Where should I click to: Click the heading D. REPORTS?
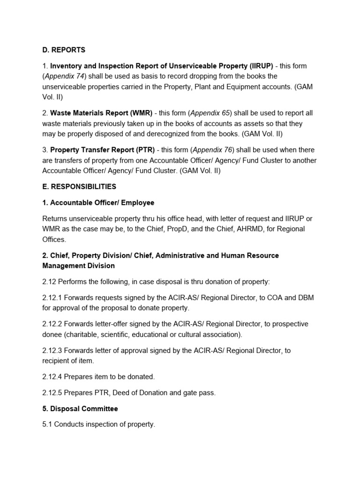[x=64, y=50]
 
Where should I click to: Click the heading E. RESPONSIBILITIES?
[x=79, y=187]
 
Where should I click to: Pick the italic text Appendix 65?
[x=211, y=113]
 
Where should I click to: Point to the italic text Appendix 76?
[x=212, y=150]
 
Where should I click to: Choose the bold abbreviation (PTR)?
[x=143, y=150]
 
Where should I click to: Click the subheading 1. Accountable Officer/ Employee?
[x=98, y=202]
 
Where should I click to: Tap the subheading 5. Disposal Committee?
[x=80, y=409]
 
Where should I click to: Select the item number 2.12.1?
[x=52, y=298]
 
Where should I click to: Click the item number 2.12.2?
[x=52, y=324]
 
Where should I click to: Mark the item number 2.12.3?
[x=52, y=351]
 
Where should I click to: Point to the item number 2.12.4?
[x=52, y=377]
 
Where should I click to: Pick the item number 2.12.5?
[x=52, y=393]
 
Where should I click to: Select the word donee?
[x=52, y=335]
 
